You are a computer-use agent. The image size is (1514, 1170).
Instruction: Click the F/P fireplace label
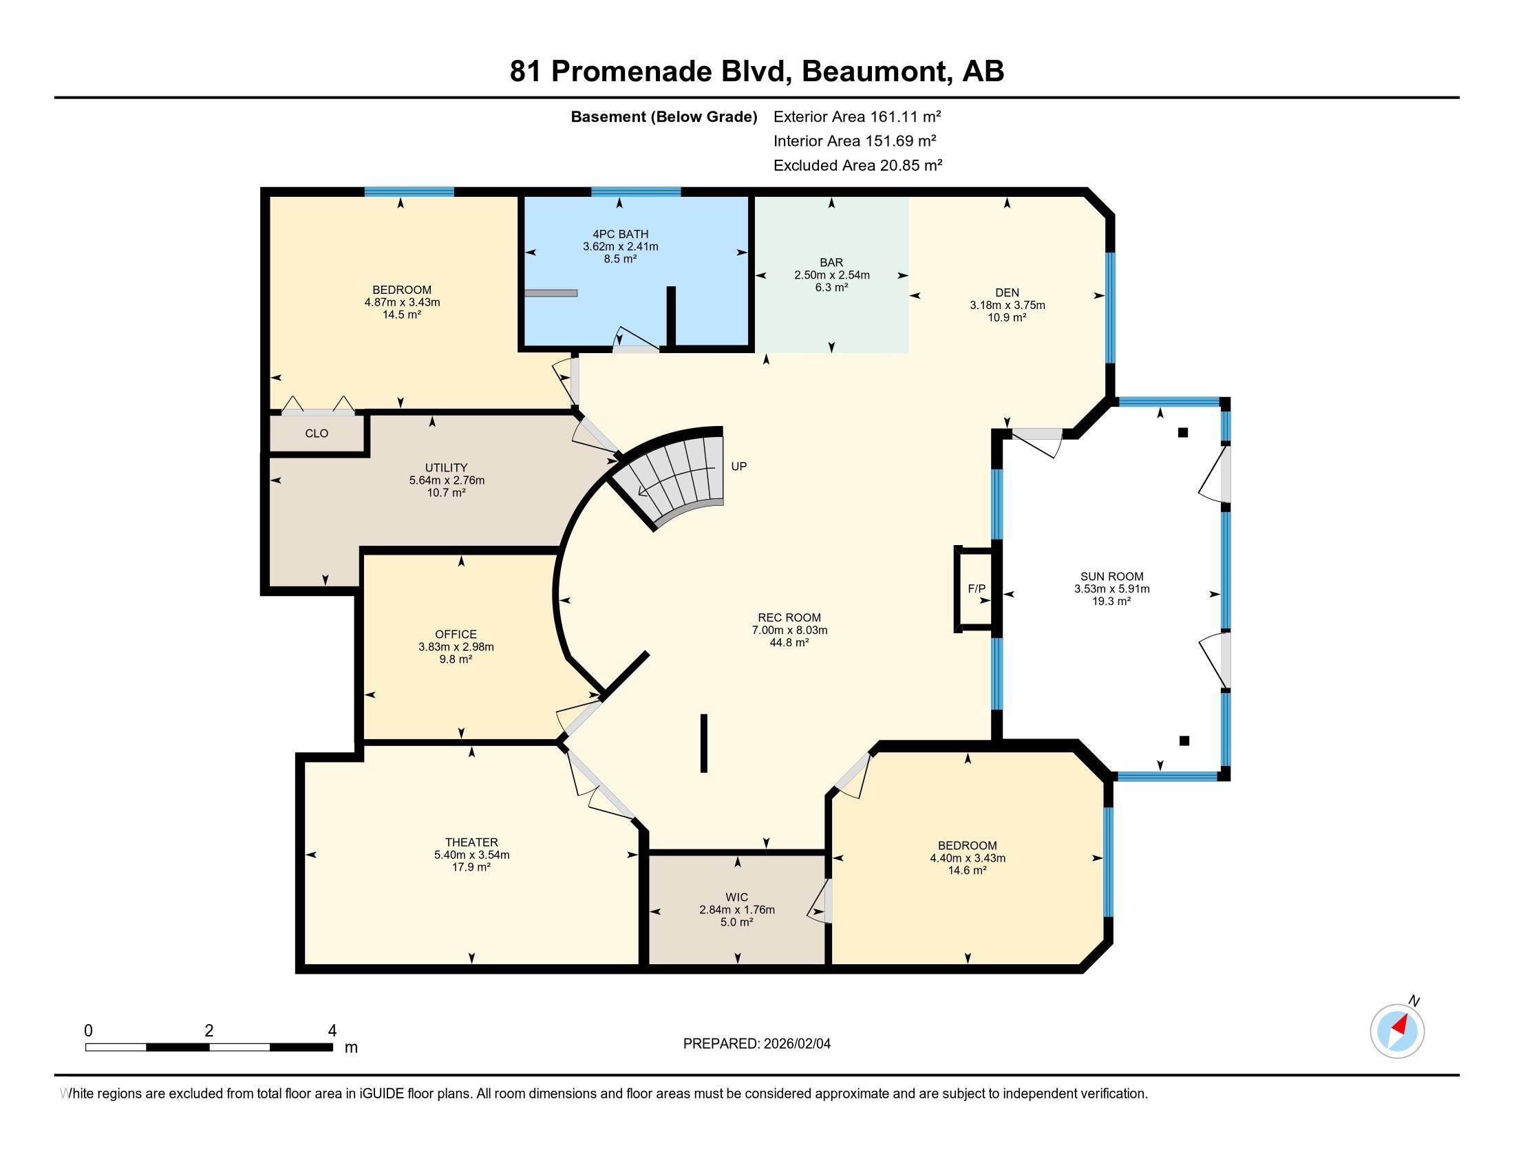(x=976, y=589)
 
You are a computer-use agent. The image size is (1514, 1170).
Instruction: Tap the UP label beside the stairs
(x=739, y=467)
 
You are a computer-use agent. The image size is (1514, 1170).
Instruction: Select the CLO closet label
(x=316, y=434)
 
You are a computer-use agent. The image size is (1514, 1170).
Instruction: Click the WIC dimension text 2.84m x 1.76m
(x=737, y=910)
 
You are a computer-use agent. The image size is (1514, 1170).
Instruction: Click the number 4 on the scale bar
(x=333, y=1031)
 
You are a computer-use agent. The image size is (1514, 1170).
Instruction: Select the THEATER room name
(x=471, y=843)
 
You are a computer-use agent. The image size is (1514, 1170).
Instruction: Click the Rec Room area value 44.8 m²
(x=789, y=643)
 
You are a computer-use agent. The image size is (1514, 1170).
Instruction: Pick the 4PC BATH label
(x=621, y=234)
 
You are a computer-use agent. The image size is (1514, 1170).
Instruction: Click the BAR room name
(x=831, y=263)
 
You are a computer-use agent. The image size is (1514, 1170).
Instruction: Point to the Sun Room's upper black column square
(x=1184, y=432)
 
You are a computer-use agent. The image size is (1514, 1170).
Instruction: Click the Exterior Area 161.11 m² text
(x=857, y=116)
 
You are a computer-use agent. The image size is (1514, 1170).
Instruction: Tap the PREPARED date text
(x=756, y=1044)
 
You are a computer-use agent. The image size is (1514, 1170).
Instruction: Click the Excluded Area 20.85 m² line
(x=857, y=166)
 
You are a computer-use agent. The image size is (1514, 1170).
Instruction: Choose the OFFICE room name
(x=456, y=635)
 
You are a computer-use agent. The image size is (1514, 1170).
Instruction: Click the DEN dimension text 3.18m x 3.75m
(x=1007, y=305)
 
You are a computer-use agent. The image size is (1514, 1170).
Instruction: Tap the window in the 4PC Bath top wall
(x=636, y=192)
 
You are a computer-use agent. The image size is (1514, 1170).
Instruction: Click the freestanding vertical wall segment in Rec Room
(x=703, y=743)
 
